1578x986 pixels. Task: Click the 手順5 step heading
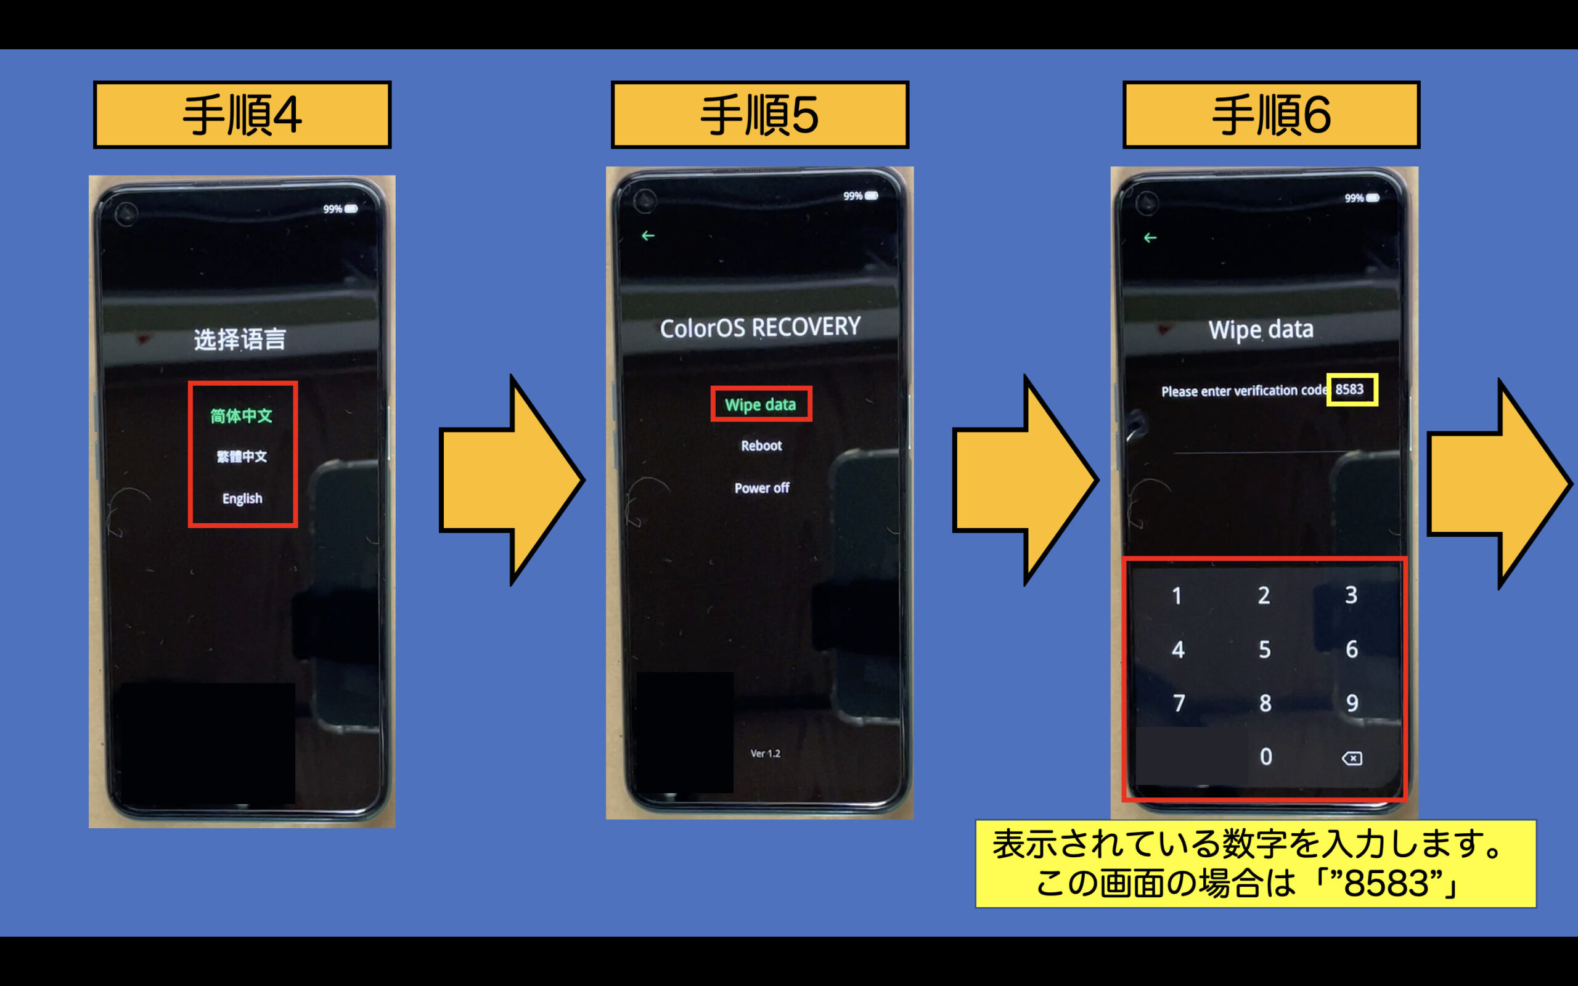coord(759,115)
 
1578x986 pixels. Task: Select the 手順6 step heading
coord(1271,115)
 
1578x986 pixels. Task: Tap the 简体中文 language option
coord(241,415)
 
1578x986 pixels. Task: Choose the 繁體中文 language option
coord(242,457)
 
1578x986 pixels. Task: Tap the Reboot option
coord(761,446)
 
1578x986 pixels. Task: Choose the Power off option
coord(762,488)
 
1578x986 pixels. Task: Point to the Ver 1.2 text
coord(765,753)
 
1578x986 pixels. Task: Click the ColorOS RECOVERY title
coord(759,327)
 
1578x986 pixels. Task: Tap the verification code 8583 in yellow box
coord(1350,389)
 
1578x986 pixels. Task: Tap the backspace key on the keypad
coord(1351,758)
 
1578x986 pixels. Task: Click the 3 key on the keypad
coord(1351,595)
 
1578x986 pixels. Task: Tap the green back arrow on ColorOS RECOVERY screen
coord(647,235)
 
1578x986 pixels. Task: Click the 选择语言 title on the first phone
coord(239,339)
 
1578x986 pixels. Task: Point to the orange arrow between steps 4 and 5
coord(512,481)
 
